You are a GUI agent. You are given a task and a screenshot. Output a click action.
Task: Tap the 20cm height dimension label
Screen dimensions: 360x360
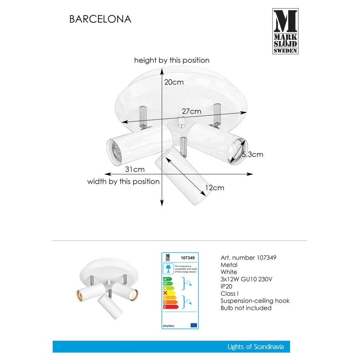click(x=174, y=82)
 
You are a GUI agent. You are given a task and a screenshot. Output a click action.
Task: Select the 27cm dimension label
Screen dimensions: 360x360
click(x=191, y=111)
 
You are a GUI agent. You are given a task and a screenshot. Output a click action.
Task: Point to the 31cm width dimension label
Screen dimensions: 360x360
click(x=135, y=169)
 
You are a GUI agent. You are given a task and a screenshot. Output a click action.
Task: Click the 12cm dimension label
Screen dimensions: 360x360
click(x=214, y=188)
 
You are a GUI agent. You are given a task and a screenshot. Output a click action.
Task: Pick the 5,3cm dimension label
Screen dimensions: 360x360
click(x=252, y=155)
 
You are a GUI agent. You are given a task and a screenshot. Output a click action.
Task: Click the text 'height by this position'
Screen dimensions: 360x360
click(x=172, y=61)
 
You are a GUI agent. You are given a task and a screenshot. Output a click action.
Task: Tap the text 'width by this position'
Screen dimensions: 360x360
click(x=123, y=181)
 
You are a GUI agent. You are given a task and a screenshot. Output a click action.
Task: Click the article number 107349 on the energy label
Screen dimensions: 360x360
click(x=188, y=258)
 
